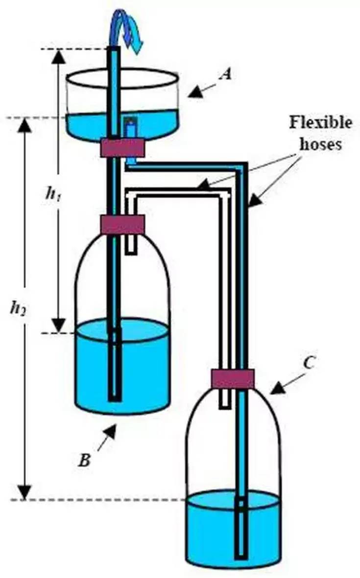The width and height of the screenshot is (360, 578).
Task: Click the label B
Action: (x=84, y=460)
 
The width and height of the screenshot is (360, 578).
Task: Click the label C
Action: (x=309, y=363)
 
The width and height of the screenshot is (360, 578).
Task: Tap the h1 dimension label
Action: (x=50, y=193)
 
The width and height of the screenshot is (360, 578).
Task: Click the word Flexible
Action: (x=320, y=122)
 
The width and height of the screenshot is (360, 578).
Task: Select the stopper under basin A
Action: (x=122, y=147)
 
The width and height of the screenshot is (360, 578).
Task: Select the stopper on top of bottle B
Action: (x=122, y=224)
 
